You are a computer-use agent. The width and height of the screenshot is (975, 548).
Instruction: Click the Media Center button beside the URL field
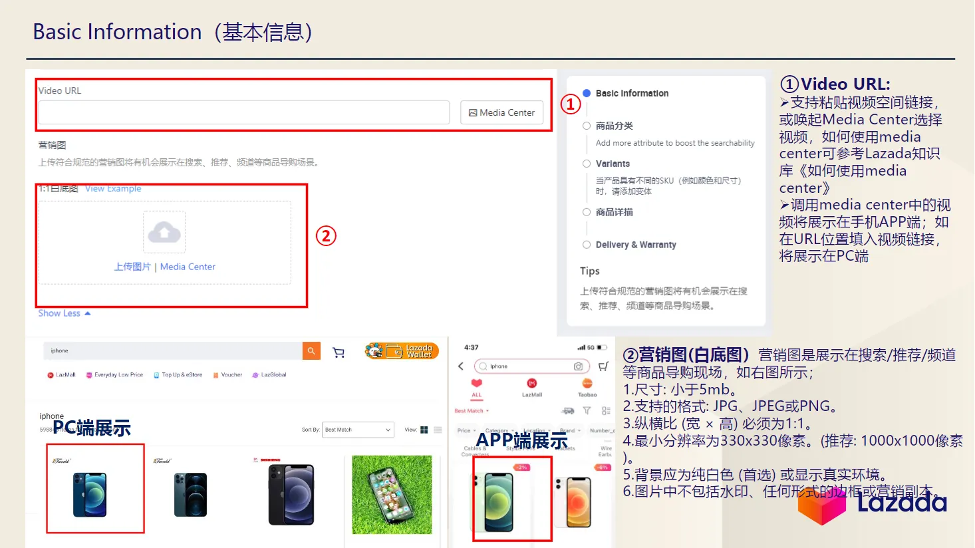(501, 113)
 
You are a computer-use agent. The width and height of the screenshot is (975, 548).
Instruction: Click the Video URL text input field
(243, 113)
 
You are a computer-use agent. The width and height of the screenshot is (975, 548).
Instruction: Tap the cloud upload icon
(164, 232)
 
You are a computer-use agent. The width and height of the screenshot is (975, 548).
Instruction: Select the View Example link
(113, 189)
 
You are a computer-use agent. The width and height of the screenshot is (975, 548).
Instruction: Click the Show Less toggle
(64, 313)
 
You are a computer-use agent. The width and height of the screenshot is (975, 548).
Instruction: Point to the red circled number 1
(571, 104)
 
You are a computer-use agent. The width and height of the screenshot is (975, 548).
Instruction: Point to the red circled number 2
(326, 236)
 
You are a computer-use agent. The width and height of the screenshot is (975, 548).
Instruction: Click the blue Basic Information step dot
(587, 93)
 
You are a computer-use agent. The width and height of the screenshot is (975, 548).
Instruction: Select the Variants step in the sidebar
(612, 164)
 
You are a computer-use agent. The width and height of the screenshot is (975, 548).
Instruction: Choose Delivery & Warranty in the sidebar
(635, 245)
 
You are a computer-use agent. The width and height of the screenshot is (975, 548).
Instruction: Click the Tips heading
(589, 271)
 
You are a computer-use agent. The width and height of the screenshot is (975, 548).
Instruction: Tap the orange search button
(311, 350)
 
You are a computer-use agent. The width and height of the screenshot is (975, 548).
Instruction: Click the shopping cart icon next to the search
(339, 352)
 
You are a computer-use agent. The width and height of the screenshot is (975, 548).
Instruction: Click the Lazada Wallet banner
(402, 350)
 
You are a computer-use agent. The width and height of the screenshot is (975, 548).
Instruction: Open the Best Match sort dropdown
(358, 430)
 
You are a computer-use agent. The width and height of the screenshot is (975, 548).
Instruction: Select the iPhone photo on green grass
(392, 494)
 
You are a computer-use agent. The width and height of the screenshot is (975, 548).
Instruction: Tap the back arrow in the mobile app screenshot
(461, 366)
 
